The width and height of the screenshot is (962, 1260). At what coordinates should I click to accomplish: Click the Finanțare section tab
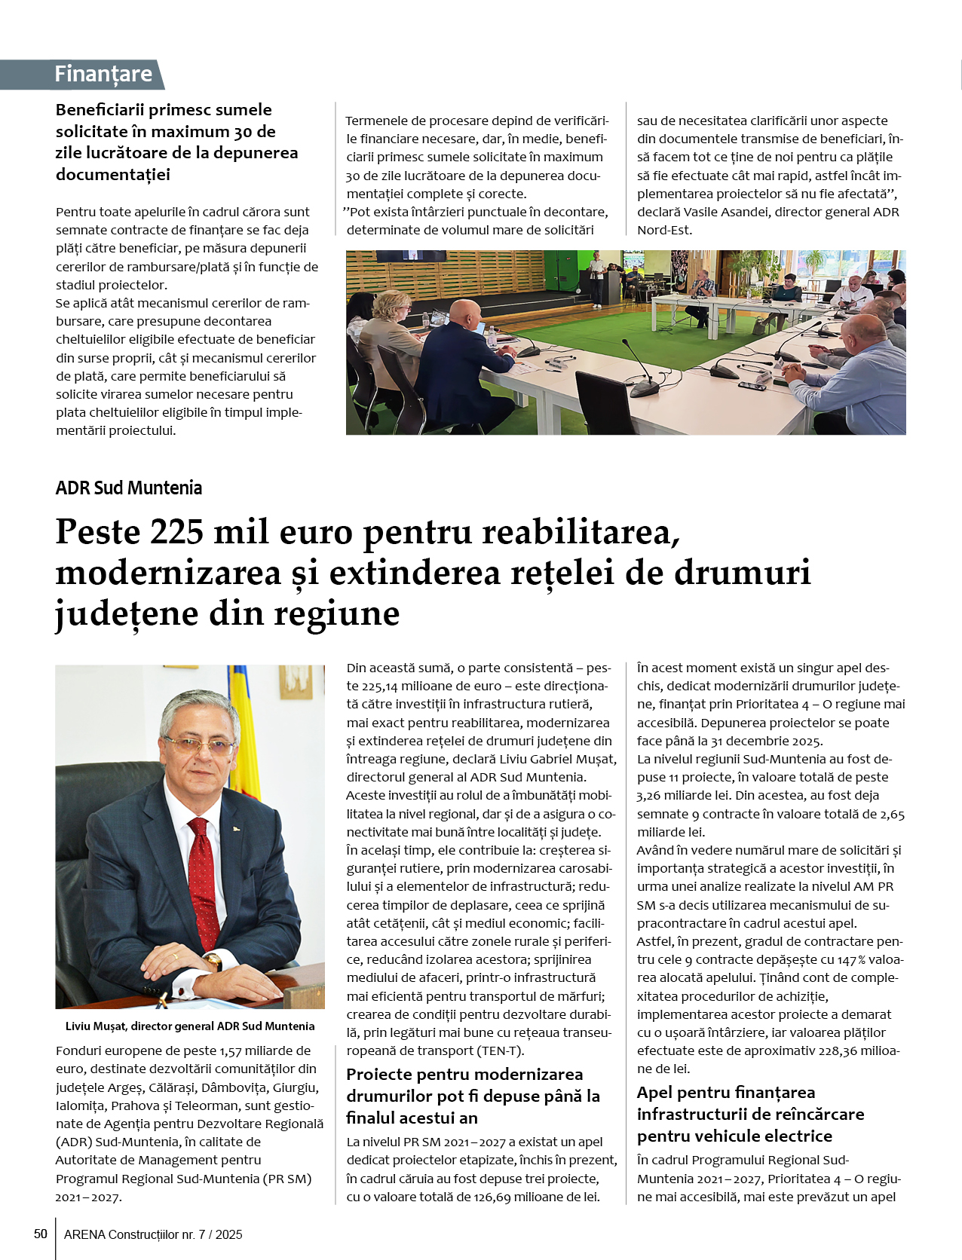(x=103, y=74)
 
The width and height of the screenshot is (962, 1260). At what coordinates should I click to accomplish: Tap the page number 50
(x=41, y=1234)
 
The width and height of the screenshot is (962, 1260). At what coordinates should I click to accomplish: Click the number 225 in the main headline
(x=176, y=532)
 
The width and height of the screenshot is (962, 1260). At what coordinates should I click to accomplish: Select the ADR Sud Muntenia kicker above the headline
(x=129, y=488)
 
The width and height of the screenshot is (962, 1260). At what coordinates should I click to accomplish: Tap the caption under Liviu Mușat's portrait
(x=190, y=1026)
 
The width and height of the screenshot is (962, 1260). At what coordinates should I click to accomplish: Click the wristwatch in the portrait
(x=213, y=962)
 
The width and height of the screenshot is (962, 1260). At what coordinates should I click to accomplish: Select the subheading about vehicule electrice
(x=750, y=1114)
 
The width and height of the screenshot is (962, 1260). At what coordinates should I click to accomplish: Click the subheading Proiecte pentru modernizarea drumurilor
(x=473, y=1096)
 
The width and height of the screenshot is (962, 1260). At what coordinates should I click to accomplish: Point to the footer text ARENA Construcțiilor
(x=153, y=1234)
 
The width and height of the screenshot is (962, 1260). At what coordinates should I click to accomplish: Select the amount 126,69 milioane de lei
(x=535, y=1197)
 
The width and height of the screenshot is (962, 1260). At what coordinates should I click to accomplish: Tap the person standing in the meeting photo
(x=597, y=279)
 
